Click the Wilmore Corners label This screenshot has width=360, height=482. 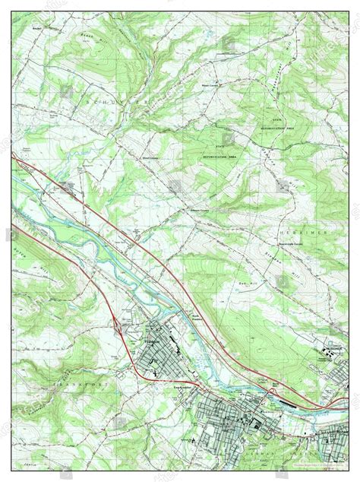coord(201,211)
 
